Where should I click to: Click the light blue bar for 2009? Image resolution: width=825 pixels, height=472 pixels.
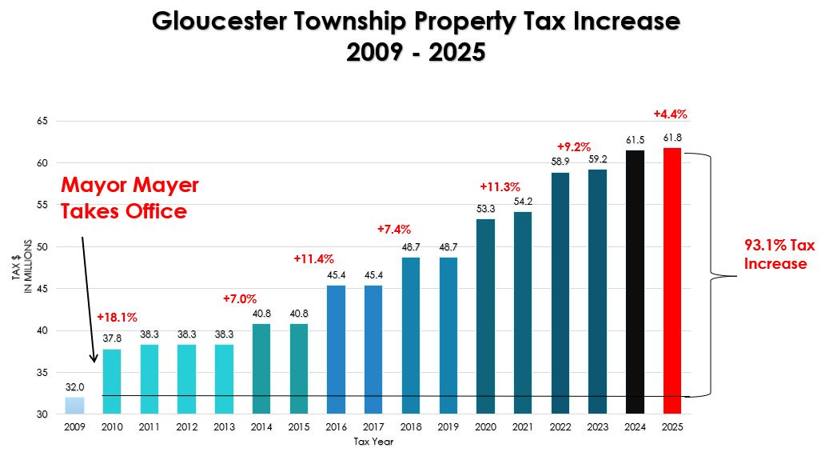coord(74,405)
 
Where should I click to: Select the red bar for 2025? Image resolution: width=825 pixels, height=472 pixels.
coord(672,280)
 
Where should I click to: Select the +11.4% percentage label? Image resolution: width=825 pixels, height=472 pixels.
coord(313,259)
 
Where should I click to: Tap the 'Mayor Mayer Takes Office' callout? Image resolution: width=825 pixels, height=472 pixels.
coord(130,198)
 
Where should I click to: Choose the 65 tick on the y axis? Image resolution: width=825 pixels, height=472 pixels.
coord(42,121)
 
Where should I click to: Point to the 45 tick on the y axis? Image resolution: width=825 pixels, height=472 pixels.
coord(42,289)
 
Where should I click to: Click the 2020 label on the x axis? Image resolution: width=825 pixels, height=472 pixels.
coord(485,428)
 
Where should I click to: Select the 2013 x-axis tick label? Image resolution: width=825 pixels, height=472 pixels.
coord(224,428)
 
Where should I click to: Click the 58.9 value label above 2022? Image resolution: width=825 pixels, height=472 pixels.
coord(560,162)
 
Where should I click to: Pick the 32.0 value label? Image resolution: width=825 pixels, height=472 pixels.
coord(74,387)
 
